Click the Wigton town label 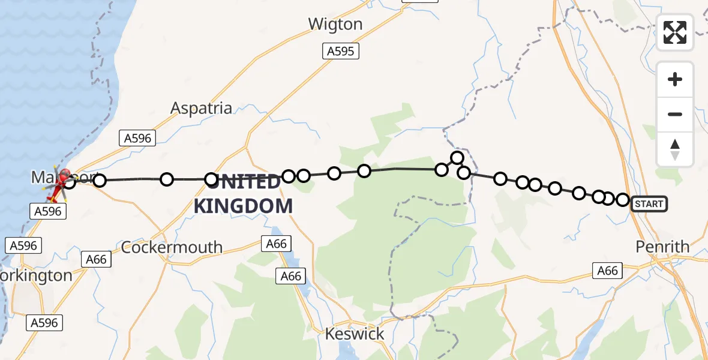click(335, 24)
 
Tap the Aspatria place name click(201, 108)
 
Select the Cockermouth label click(172, 247)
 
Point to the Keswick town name click(355, 334)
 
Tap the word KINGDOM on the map click(243, 206)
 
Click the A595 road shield click(341, 52)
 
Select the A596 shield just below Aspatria click(137, 138)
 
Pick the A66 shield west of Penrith click(607, 271)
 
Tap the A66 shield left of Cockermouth click(96, 259)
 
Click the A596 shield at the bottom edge click(44, 323)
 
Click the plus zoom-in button click(675, 79)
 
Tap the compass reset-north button click(675, 149)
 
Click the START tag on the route click(649, 204)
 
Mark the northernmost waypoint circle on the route click(457, 158)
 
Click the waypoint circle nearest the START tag click(623, 200)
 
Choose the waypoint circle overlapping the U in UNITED click(211, 179)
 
